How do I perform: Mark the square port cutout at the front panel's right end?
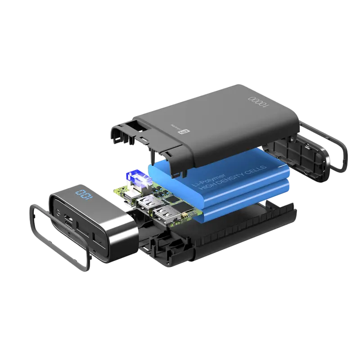pyautogui.click(x=96, y=236)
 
